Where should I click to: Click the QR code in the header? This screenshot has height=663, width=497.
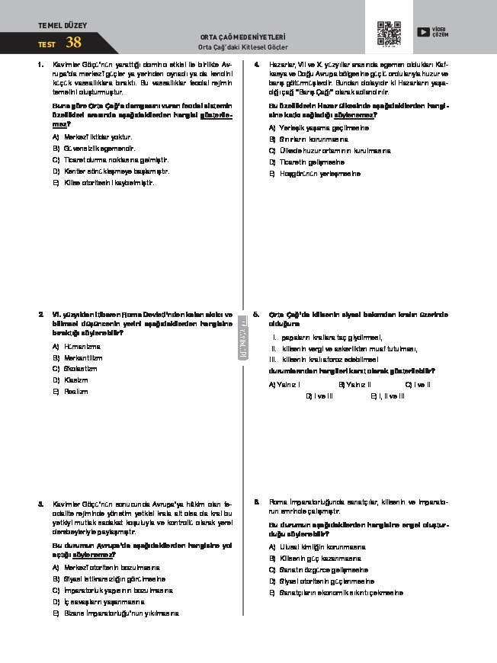[389, 33]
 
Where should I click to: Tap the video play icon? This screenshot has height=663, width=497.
[423, 31]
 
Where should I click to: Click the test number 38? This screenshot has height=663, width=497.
[73, 43]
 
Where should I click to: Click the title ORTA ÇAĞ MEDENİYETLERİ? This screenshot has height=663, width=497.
[242, 36]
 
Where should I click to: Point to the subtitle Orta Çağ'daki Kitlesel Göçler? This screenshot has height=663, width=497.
[242, 46]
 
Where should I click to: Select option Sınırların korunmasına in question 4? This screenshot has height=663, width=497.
[313, 139]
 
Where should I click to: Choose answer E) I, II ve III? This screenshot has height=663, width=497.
[387, 396]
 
